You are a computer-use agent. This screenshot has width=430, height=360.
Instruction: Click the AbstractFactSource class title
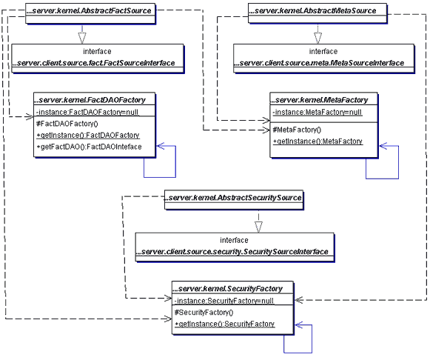[x=89, y=10]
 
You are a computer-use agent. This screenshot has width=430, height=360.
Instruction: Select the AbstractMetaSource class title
[x=312, y=10]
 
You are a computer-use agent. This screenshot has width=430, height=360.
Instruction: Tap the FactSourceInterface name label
[x=94, y=63]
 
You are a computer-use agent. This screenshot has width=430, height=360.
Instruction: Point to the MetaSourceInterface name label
[x=319, y=63]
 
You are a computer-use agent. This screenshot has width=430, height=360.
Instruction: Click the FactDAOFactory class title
[x=90, y=100]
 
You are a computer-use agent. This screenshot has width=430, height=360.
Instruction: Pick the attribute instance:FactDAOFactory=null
[x=87, y=113]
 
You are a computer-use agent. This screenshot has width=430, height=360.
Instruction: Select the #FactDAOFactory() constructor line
[x=67, y=124]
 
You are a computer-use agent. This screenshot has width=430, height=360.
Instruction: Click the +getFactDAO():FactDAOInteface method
[x=89, y=147]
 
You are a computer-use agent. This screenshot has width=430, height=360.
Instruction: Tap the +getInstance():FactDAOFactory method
[x=88, y=136]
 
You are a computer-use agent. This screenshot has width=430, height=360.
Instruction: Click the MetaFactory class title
[x=319, y=100]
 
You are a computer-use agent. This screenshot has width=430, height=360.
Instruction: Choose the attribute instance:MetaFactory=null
[x=318, y=113]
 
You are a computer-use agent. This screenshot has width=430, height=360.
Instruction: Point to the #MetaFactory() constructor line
[x=297, y=130]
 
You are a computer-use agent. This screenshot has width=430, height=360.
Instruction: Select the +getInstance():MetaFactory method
[x=318, y=141]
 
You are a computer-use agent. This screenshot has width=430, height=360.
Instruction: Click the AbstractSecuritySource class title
[x=233, y=198]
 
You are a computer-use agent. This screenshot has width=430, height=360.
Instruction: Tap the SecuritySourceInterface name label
[x=232, y=252]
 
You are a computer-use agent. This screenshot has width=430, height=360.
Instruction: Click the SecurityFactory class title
[x=227, y=289]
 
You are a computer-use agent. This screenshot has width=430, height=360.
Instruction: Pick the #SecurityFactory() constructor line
[x=204, y=313]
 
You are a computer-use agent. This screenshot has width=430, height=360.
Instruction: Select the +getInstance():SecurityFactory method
[x=224, y=324]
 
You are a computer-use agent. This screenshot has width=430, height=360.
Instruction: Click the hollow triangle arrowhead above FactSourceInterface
[x=82, y=38]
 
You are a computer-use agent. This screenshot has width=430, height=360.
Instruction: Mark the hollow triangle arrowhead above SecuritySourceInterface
[x=258, y=227]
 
